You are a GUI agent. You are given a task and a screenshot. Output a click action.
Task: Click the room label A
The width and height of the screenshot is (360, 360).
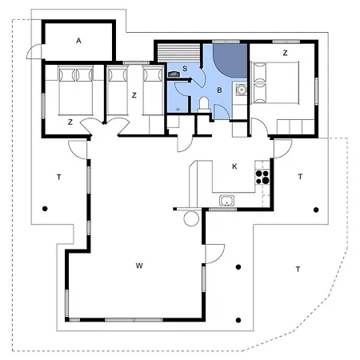coord(78,41)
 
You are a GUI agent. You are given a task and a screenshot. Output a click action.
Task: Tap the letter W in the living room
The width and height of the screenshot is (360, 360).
coord(139,266)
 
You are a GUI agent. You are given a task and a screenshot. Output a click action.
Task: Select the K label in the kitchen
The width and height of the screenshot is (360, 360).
coord(234,166)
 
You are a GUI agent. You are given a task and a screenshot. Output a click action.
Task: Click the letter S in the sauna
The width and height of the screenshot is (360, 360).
coord(185,69)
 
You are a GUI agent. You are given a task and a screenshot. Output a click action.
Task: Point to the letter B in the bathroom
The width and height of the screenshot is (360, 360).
coord(219,90)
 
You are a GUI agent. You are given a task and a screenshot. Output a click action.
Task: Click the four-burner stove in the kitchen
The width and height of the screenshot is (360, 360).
coord(262,177)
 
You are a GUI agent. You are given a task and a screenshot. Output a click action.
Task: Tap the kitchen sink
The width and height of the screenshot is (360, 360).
coord(227,201)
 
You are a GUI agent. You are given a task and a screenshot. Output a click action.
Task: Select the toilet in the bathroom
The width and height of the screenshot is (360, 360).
coord(204,105)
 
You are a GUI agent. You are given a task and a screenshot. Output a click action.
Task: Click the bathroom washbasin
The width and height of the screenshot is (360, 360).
coord(242,90)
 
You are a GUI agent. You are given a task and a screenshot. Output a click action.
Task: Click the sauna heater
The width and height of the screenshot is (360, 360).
coord(174,74)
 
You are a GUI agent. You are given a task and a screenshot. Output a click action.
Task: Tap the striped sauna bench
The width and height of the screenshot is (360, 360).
coord(178,53)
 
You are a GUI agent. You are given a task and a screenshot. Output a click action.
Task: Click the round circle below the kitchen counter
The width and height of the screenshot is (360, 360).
coord(191,218)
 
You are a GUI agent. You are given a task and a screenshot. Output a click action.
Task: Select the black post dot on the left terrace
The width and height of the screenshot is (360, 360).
coord(45,209)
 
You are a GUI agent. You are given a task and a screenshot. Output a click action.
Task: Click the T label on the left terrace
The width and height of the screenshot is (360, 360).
coord(59,177)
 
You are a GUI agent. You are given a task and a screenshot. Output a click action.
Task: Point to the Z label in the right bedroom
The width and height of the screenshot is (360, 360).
coord(285,53)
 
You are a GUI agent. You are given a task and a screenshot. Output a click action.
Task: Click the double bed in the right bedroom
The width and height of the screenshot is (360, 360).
coord(274,82)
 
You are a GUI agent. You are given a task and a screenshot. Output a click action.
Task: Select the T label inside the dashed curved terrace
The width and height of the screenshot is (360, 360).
coord(298,270)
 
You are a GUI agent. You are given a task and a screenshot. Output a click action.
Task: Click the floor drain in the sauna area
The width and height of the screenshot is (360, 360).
coord(178,109)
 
